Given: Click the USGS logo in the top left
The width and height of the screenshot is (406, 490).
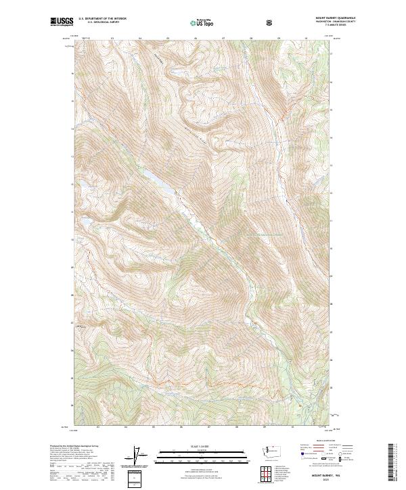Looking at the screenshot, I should click(x=62, y=22).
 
